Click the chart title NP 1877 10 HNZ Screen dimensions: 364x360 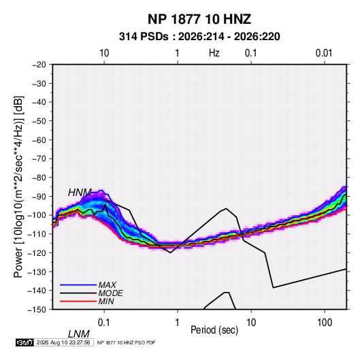[x=199, y=19]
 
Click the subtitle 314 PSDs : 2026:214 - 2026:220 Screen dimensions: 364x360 [x=199, y=37]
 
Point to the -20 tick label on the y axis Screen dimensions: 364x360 [x=39, y=65]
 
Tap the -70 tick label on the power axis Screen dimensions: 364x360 [x=39, y=159]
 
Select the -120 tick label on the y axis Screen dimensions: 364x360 [x=37, y=252]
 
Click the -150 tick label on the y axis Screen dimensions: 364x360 [x=37, y=310]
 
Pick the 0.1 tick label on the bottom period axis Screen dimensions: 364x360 [x=104, y=323]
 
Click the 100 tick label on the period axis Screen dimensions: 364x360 [x=325, y=323]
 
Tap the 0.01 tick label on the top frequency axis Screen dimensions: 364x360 [x=324, y=53]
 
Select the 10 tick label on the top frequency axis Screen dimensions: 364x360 [x=104, y=53]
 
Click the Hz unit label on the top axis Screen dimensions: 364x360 [x=214, y=53]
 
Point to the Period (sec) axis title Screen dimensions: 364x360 [x=214, y=330]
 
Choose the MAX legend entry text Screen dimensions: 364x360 [x=107, y=285]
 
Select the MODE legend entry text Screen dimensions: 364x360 [x=110, y=293]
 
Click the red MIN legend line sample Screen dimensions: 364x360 [x=78, y=301]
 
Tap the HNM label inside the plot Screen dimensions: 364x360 [x=80, y=193]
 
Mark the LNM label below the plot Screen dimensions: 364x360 [x=78, y=334]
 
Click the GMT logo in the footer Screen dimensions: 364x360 [x=25, y=342]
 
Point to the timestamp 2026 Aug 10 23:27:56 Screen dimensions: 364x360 [x=63, y=342]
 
